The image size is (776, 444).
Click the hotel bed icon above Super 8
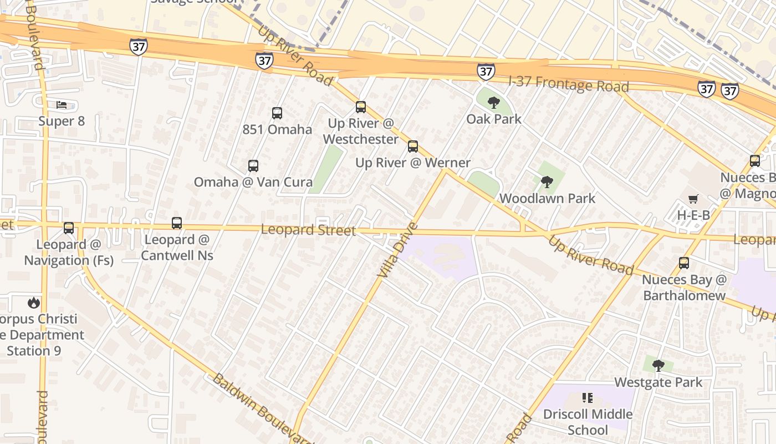pos(62,104)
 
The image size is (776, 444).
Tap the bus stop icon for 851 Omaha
pos(277,113)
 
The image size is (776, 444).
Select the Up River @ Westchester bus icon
pos(361,107)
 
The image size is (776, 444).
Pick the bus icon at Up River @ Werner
pos(413,147)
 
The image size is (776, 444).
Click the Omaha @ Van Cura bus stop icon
pos(253,166)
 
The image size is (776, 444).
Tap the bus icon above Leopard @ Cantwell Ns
pos(177,223)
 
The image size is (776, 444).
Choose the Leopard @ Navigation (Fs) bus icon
pos(69,228)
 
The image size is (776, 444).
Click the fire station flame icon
pos(34,303)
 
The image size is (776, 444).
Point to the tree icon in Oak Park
pos(493,102)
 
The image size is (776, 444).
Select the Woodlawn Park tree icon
pos(547,181)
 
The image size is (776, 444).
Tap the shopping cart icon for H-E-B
pos(693,199)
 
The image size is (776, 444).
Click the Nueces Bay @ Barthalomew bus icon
pos(684,263)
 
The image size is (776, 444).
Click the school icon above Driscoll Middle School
pos(588,398)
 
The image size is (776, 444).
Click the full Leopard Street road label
pos(308,229)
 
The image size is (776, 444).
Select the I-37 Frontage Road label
pos(569,84)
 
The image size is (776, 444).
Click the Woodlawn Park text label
pos(547,198)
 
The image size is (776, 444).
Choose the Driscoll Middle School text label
pos(588,422)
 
